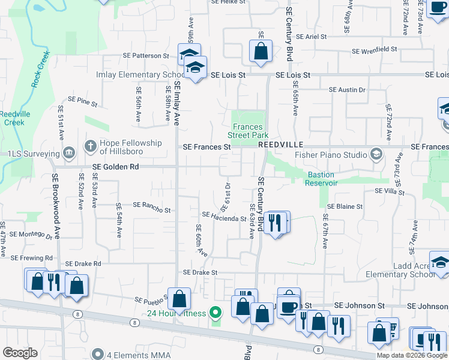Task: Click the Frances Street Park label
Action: point(248,131)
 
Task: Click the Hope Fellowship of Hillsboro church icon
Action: point(90,145)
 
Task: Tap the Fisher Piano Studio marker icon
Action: point(376,154)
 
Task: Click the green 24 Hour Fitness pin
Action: point(215,313)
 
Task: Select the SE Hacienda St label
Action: point(224,217)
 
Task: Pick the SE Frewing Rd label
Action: point(31,257)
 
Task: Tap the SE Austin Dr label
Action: point(347,90)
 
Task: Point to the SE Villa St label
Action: point(390,191)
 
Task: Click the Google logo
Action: point(20,352)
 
